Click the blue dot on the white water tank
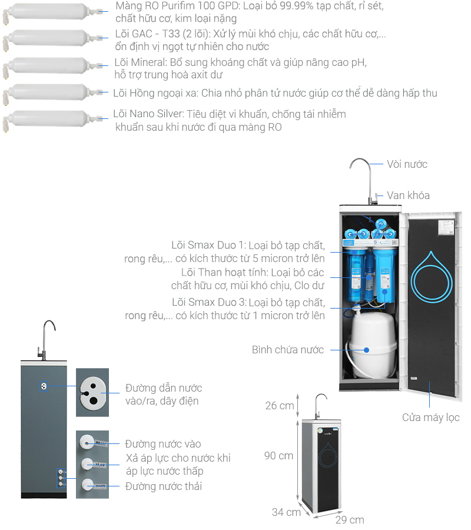[x=366, y=350]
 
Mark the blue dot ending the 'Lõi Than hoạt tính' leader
[x=369, y=277]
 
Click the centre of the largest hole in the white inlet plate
[x=93, y=401]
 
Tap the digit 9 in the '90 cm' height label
[x=268, y=456]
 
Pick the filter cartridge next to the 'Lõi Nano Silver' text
[x=53, y=121]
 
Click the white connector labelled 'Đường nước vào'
[x=87, y=442]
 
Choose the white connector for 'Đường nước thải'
[x=87, y=486]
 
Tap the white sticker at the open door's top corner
[x=446, y=227]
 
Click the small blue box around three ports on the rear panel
[x=61, y=478]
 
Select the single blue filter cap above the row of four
[x=381, y=223]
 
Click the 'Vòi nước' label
[x=407, y=164]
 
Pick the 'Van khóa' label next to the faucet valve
[x=408, y=196]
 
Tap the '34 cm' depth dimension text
[x=286, y=512]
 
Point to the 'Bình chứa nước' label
[x=288, y=350]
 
